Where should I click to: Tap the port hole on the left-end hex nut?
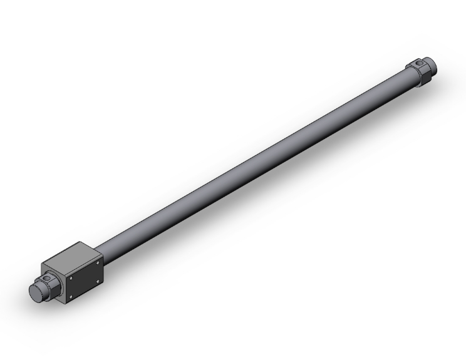(46, 277)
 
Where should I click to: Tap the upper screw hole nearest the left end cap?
(71, 279)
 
